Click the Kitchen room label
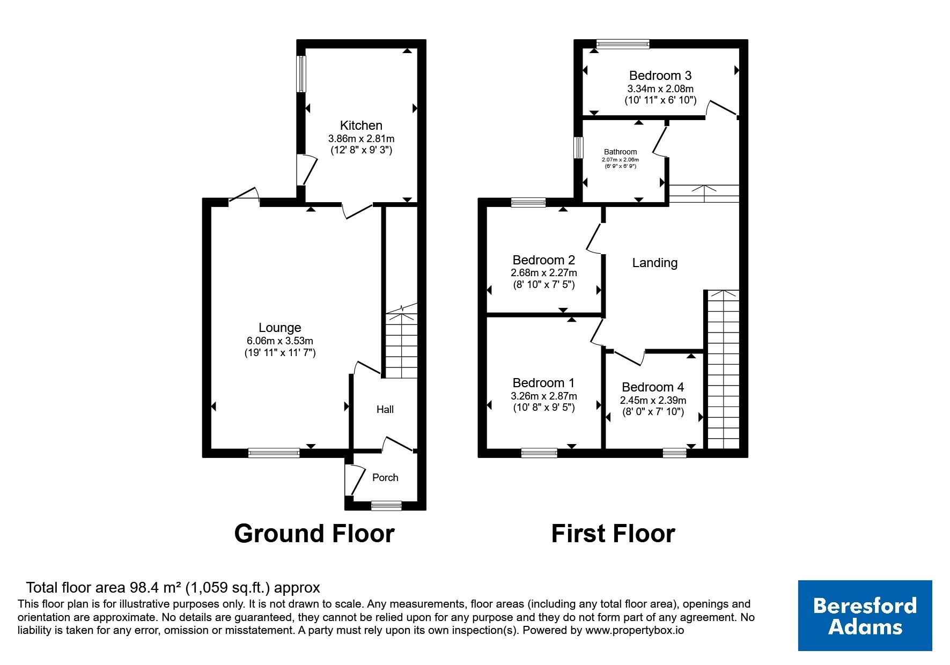[x=361, y=125]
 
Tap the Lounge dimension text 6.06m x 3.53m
[x=279, y=341]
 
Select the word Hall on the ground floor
[x=385, y=410]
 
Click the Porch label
[x=385, y=478]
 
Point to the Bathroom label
[x=621, y=152]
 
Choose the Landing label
[x=654, y=263]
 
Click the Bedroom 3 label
[x=660, y=76]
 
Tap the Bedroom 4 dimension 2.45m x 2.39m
[x=653, y=401]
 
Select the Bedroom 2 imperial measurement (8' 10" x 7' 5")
[x=544, y=285]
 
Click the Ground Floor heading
[x=314, y=534]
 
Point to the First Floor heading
[x=613, y=534]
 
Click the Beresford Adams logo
[x=865, y=616]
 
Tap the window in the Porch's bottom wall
[x=386, y=505]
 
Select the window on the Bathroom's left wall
[x=578, y=147]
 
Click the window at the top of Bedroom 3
[x=623, y=44]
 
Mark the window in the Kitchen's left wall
[x=301, y=74]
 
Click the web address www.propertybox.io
[x=635, y=631]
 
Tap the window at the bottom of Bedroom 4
[x=674, y=453]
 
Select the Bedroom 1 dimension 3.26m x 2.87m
[x=544, y=396]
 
